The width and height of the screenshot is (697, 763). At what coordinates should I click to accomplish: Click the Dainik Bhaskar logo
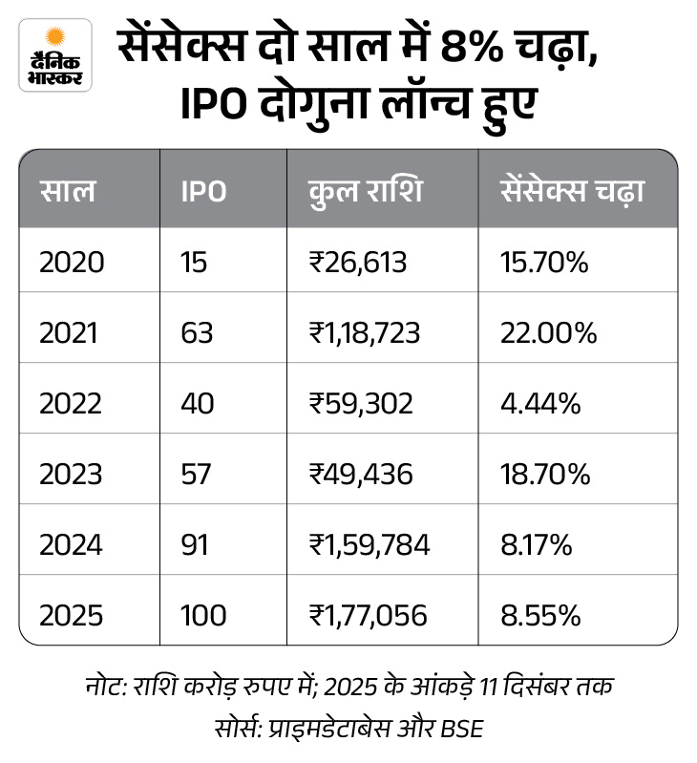[x=56, y=54]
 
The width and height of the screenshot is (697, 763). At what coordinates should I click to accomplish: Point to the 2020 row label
[x=72, y=262]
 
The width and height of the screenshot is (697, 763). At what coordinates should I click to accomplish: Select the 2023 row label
[x=72, y=474]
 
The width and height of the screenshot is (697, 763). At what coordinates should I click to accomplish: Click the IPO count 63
[x=198, y=332]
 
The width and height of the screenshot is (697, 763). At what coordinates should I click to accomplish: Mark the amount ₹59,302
[x=360, y=403]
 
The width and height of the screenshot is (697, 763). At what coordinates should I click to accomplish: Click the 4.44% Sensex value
[x=540, y=403]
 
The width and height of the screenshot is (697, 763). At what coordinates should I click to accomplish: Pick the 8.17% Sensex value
[x=537, y=544]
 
